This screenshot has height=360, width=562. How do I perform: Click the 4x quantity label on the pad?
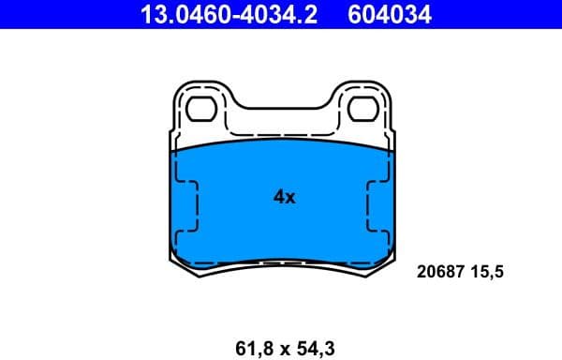click(x=284, y=197)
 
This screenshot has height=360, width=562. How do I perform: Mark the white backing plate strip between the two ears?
click(x=281, y=129)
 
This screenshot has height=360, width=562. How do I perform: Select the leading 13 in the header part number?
click(x=150, y=14)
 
